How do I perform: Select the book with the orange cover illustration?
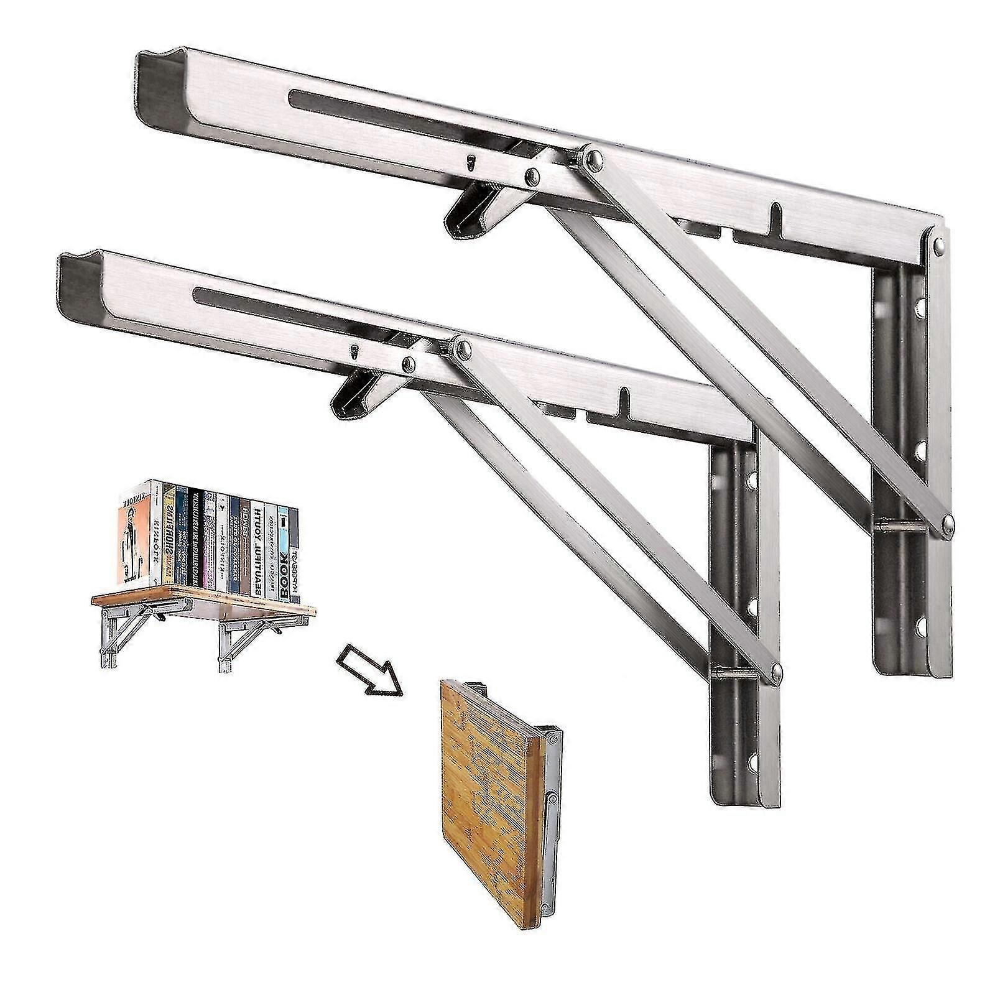tap(133, 535)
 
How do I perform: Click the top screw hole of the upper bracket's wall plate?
tap(919, 306)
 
